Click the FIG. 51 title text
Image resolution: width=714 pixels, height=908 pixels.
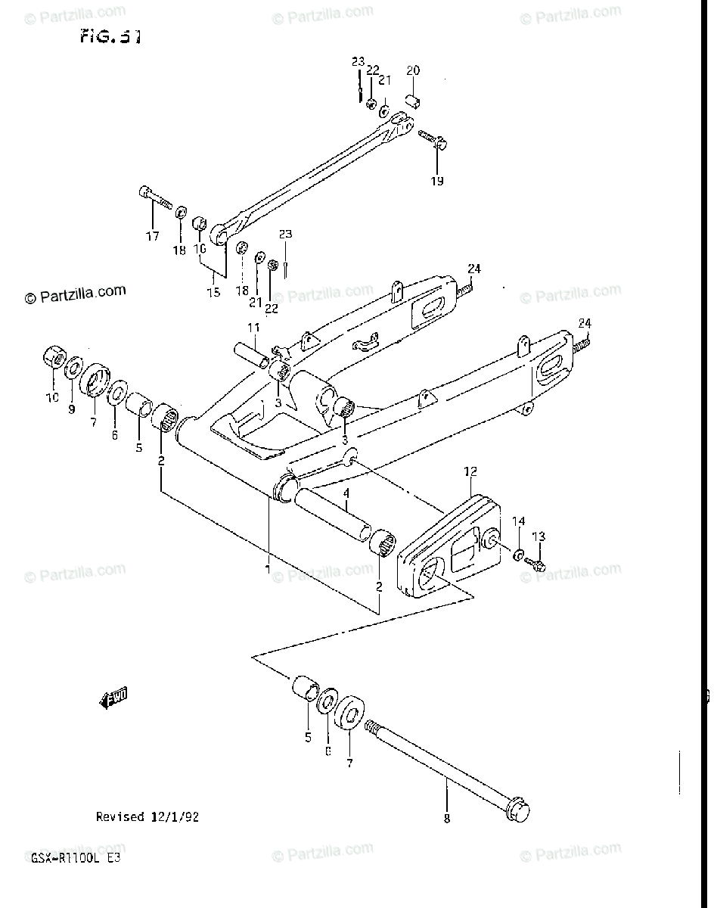[109, 37]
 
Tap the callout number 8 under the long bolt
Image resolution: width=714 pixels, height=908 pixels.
[446, 818]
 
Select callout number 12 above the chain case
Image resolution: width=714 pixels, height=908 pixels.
[470, 472]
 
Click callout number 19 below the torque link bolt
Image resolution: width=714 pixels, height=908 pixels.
[438, 181]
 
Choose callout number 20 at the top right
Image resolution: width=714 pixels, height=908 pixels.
[412, 71]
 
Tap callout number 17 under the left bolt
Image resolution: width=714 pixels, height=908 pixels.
[153, 237]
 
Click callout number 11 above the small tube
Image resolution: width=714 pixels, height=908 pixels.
[253, 327]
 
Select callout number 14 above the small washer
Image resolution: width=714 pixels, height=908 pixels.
[519, 521]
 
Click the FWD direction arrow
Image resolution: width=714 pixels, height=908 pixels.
[113, 698]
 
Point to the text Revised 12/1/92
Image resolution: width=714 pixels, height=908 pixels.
[147, 816]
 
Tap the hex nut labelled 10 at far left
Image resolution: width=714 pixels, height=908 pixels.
[54, 356]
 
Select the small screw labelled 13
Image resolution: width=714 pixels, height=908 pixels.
[536, 564]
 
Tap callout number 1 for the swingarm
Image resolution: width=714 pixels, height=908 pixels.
[267, 567]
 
